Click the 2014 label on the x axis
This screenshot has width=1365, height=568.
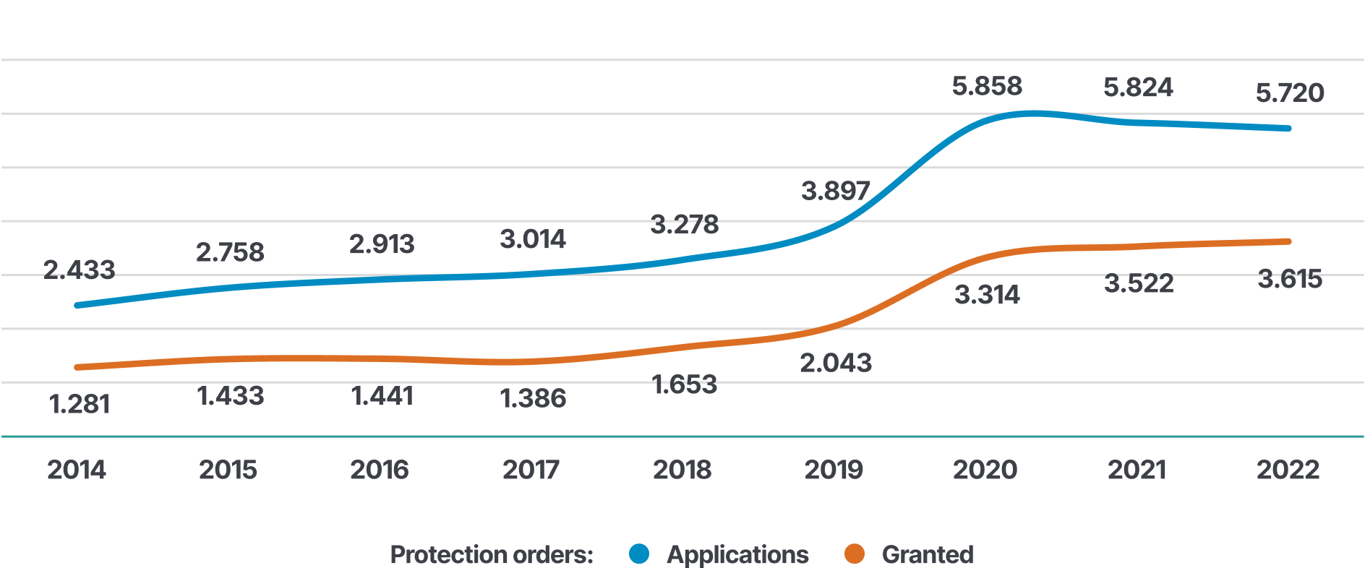(x=77, y=470)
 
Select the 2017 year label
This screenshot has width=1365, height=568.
(x=531, y=470)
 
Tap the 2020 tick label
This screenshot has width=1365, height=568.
(x=985, y=470)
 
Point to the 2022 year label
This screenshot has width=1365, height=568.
(x=1288, y=470)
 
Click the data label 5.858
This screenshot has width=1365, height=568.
(x=987, y=86)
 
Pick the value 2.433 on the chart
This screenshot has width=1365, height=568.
(x=79, y=270)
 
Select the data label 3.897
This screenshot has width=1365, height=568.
(x=835, y=191)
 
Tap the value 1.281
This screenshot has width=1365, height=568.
(x=79, y=404)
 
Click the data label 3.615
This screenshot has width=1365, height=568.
(x=1290, y=279)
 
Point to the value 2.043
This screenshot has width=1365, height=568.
(x=835, y=363)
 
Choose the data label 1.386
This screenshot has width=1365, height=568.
(x=533, y=398)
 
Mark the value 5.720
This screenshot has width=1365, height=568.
(x=1290, y=92)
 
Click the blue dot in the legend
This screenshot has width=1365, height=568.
(x=639, y=554)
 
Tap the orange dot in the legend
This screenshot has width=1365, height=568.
(x=855, y=554)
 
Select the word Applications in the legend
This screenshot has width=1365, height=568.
(x=737, y=554)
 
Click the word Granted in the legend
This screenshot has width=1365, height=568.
(x=928, y=554)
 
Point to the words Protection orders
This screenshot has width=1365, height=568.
(x=492, y=554)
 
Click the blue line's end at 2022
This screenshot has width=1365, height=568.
(x=1288, y=129)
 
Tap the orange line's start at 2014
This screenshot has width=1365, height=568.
(x=77, y=367)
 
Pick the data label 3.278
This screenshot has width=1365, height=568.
(x=685, y=225)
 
